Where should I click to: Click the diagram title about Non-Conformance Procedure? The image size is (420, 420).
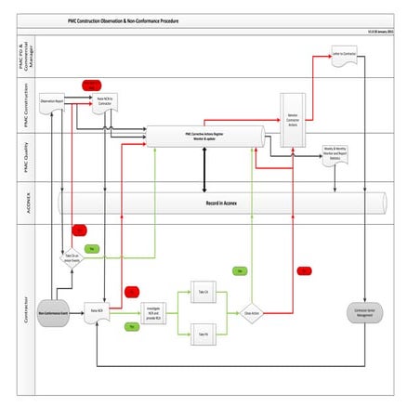[x=209, y=20]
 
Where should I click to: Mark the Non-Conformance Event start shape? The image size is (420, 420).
[x=56, y=313]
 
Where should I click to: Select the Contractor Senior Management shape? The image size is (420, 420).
[x=363, y=312]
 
